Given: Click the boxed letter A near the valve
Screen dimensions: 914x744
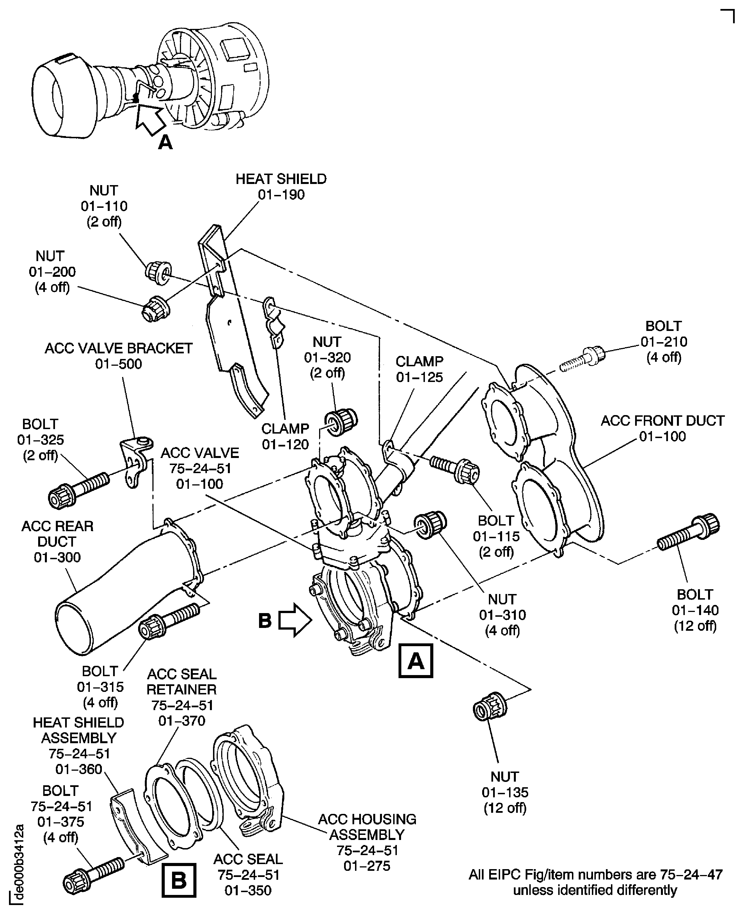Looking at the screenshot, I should [415, 661].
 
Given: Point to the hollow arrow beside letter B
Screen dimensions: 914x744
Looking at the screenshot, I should [295, 620].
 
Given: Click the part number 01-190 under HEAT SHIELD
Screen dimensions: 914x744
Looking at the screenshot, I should [281, 194].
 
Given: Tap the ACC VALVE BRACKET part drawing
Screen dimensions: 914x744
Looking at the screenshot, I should [135, 461].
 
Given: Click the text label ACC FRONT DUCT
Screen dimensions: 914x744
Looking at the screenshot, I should [662, 421].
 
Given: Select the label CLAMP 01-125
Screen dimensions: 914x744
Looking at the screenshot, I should [419, 369].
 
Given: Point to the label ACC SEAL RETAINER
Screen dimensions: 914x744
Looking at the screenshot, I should [182, 682].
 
